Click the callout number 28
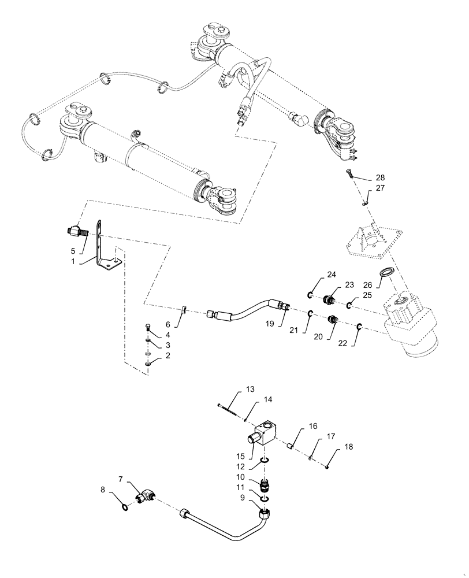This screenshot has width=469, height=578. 380,177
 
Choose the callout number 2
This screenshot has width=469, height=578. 168,355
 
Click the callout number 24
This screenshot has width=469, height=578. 315,275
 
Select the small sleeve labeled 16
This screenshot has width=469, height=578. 293,446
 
